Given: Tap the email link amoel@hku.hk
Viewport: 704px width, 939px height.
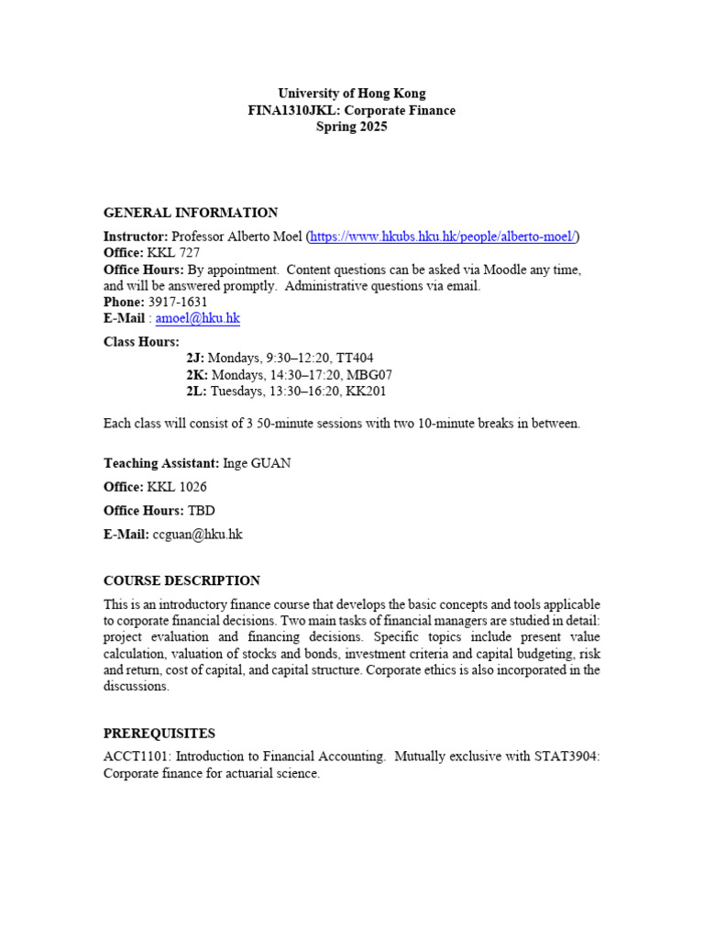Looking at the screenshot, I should pyautogui.click(x=197, y=318).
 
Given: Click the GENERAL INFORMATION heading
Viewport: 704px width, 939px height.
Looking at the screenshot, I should pyautogui.click(x=191, y=213).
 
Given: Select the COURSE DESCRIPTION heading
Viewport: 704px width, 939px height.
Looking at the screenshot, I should pyautogui.click(x=181, y=580).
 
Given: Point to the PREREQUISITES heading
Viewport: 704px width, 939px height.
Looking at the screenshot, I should pyautogui.click(x=159, y=734).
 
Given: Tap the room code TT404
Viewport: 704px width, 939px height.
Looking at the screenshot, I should pyautogui.click(x=354, y=359).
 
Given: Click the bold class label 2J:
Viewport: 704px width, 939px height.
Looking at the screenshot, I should pyautogui.click(x=195, y=359).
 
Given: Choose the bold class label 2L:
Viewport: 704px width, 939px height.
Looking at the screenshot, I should pyautogui.click(x=196, y=392).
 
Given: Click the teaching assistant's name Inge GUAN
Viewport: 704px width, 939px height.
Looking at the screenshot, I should pyautogui.click(x=257, y=463).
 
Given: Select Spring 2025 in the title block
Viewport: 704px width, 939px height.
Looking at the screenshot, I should pyautogui.click(x=351, y=127).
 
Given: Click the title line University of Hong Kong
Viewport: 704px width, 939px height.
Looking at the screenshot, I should pyautogui.click(x=351, y=94).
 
